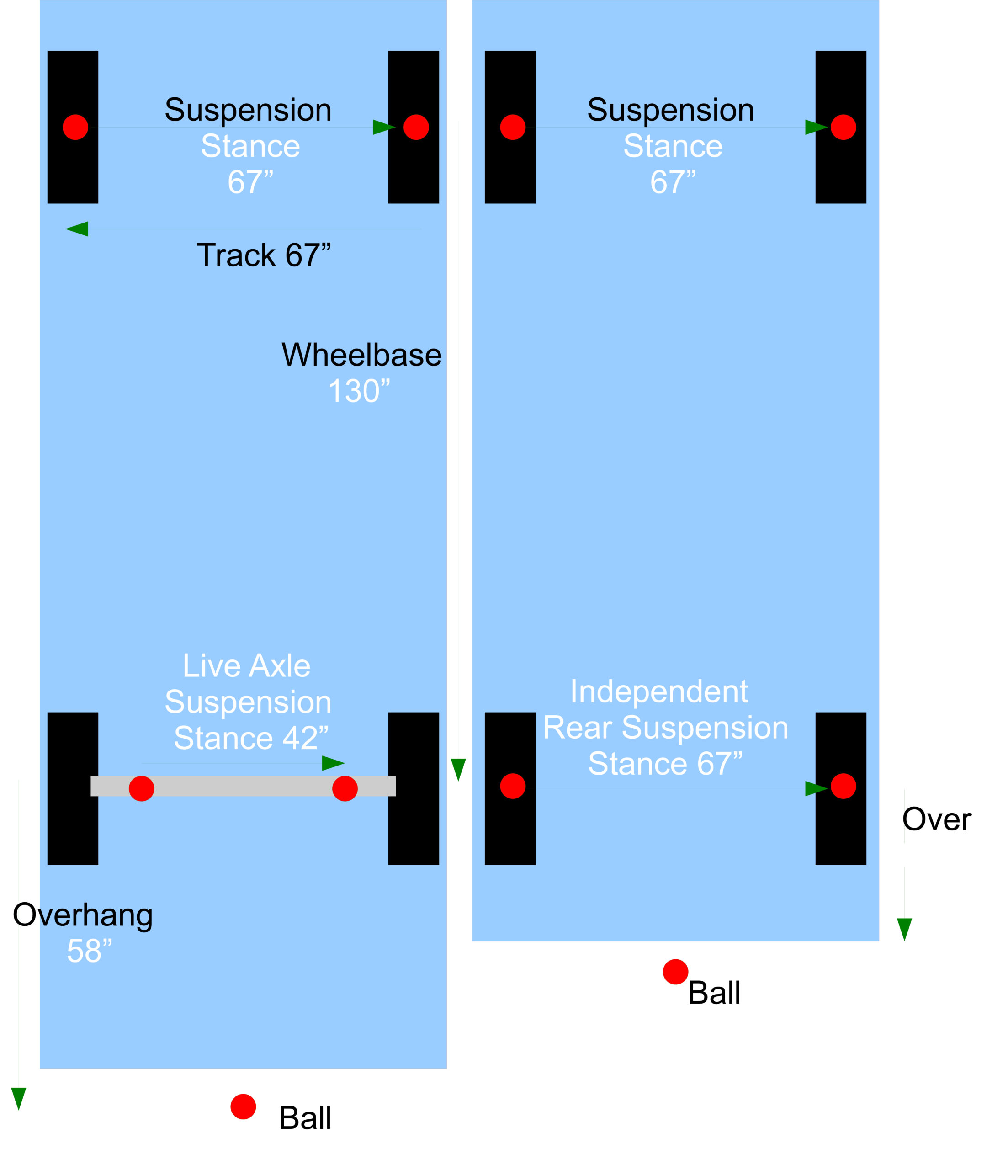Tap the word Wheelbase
pyautogui.click(x=361, y=355)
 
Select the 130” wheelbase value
pyautogui.click(x=359, y=391)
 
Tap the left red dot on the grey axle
pyautogui.click(x=142, y=788)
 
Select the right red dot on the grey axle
pyautogui.click(x=345, y=788)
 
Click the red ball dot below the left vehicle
pyautogui.click(x=244, y=1107)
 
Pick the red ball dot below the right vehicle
pyautogui.click(x=675, y=972)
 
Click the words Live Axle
pyautogui.click(x=247, y=666)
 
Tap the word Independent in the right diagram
pyautogui.click(x=659, y=691)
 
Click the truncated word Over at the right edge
pyautogui.click(x=937, y=820)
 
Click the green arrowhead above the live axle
pyautogui.click(x=334, y=763)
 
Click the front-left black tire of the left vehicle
pyautogui.click(x=73, y=127)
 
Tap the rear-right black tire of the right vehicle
pyautogui.click(x=841, y=788)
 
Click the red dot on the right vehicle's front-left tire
pyautogui.click(x=513, y=127)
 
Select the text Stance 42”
pyautogui.click(x=251, y=738)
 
